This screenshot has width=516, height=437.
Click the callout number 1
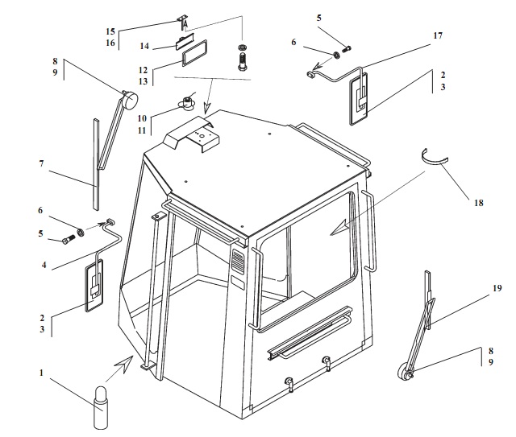coord(42,373)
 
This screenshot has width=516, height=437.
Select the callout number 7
coord(42,163)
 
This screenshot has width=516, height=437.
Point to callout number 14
coord(145,46)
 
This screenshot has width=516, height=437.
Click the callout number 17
coord(438,36)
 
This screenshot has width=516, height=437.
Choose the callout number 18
coord(479,203)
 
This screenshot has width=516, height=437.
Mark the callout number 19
coord(497,287)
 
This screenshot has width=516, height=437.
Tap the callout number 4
coord(42,263)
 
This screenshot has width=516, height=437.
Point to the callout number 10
coord(142,117)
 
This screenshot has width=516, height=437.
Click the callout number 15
coord(110,31)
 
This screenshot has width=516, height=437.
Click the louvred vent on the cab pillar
coord(237,262)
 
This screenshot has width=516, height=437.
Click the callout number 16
coord(110,43)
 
